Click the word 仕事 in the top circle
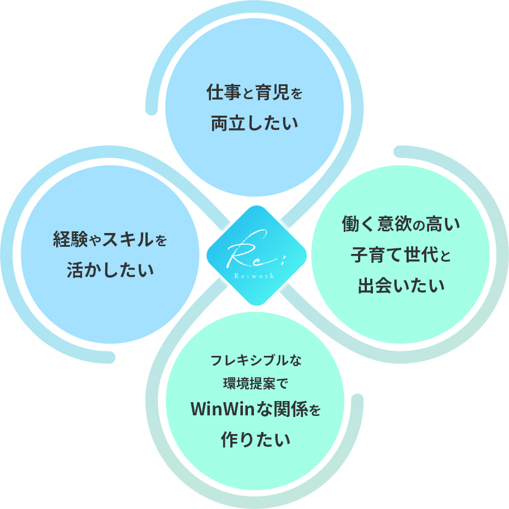[223, 92]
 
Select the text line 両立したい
[254, 122]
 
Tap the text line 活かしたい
[110, 270]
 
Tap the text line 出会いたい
[401, 286]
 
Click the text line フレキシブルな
[256, 361]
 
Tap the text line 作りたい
[255, 440]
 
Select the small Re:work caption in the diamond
[254, 275]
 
